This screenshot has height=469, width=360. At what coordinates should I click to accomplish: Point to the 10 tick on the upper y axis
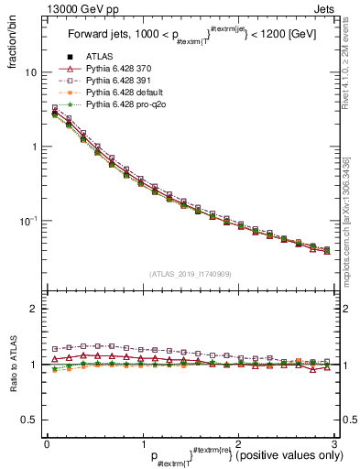pos(32,71)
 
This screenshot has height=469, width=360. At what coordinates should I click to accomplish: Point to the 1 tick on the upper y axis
pos(36,147)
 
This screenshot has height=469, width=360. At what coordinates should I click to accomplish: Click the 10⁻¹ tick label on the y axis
pos(29,221)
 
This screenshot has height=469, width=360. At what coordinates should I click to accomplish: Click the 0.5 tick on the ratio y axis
pos(31,420)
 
